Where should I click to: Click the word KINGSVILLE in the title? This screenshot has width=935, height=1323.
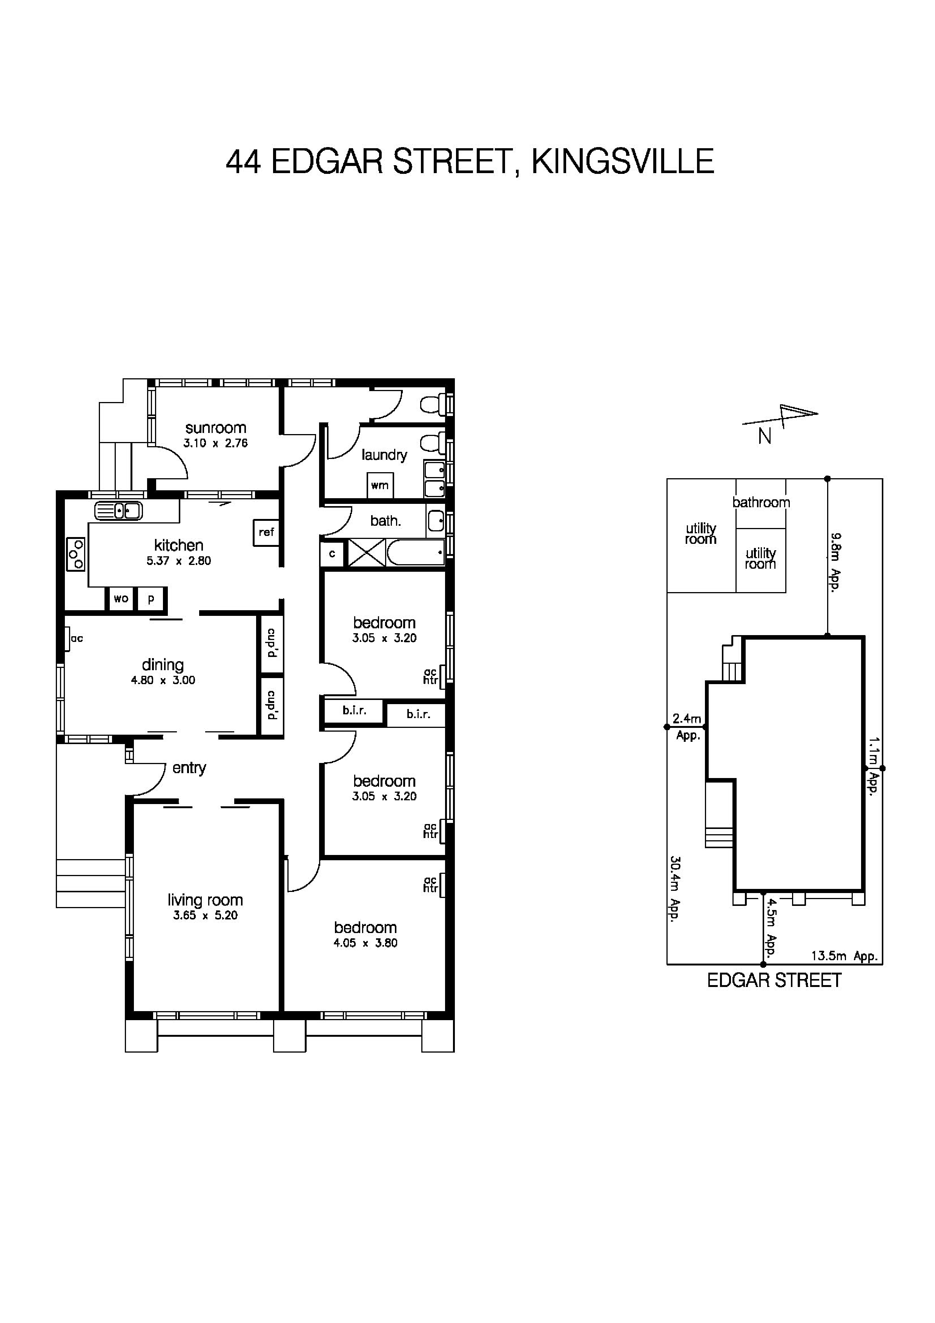[x=622, y=161]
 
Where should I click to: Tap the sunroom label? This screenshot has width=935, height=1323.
[x=215, y=428]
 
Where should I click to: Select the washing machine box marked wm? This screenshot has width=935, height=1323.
[x=380, y=485]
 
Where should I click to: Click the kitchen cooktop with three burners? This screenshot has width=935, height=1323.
[x=75, y=554]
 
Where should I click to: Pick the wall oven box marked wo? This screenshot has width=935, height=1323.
[x=121, y=599]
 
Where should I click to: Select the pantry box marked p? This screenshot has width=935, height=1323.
[x=151, y=599]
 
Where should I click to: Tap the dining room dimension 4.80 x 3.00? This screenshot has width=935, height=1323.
[x=163, y=680]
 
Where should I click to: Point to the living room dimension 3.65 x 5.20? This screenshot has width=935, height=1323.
[x=205, y=916]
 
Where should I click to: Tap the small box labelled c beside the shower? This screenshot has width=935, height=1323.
[x=332, y=554]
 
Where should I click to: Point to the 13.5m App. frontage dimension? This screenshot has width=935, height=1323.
[x=844, y=956]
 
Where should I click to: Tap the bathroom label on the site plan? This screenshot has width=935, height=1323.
[x=761, y=502]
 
